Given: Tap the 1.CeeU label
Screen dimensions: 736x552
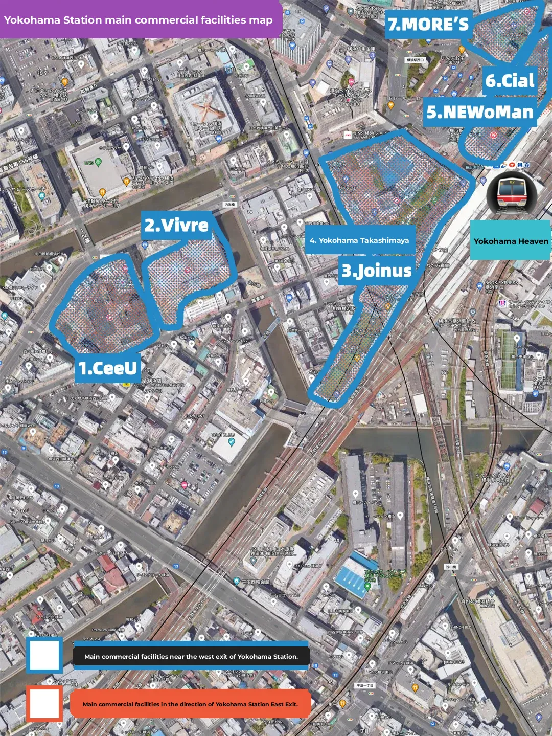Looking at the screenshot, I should pos(108,368).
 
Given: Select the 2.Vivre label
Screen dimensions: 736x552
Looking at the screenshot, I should pos(176,225).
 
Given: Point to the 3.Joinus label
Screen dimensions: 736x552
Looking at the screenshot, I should pos(377,271).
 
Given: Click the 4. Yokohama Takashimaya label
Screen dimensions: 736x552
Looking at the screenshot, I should pos(359,240).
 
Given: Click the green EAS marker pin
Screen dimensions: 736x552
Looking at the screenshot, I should pos(99,163).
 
